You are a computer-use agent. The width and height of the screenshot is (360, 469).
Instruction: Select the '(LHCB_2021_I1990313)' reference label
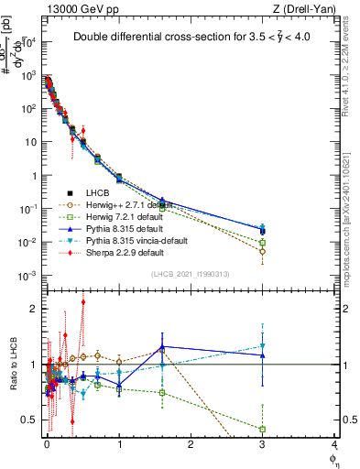(189, 275)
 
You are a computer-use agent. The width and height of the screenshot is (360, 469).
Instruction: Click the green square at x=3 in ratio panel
(263, 429)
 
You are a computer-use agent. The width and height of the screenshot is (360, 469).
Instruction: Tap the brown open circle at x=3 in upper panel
(263, 251)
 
